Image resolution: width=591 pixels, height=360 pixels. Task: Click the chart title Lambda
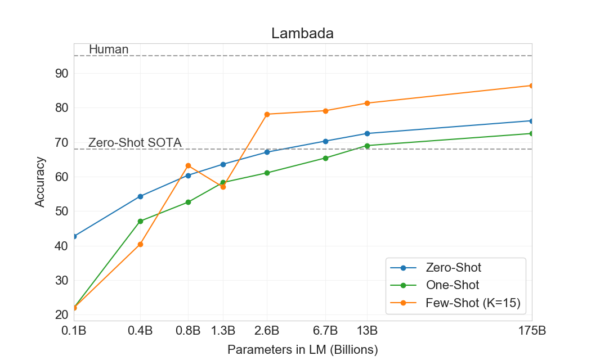point(302,33)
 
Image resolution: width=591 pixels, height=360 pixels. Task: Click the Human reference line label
point(109,49)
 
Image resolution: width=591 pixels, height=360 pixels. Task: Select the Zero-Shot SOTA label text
point(135,143)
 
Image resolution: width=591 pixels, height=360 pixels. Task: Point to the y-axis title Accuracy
point(40,182)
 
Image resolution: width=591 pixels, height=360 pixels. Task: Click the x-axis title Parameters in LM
point(302,349)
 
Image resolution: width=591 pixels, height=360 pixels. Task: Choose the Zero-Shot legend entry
point(454,267)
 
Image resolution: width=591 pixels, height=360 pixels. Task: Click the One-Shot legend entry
point(453,285)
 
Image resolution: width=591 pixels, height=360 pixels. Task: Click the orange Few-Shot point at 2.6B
point(267,114)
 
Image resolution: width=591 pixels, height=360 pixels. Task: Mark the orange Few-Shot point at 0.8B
point(188,165)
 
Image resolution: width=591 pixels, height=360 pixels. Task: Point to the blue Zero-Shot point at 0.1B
point(74,236)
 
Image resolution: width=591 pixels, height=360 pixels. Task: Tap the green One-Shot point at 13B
point(367,146)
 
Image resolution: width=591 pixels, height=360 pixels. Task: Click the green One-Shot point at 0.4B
point(140,221)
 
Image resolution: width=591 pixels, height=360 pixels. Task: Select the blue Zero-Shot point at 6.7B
point(325,141)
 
